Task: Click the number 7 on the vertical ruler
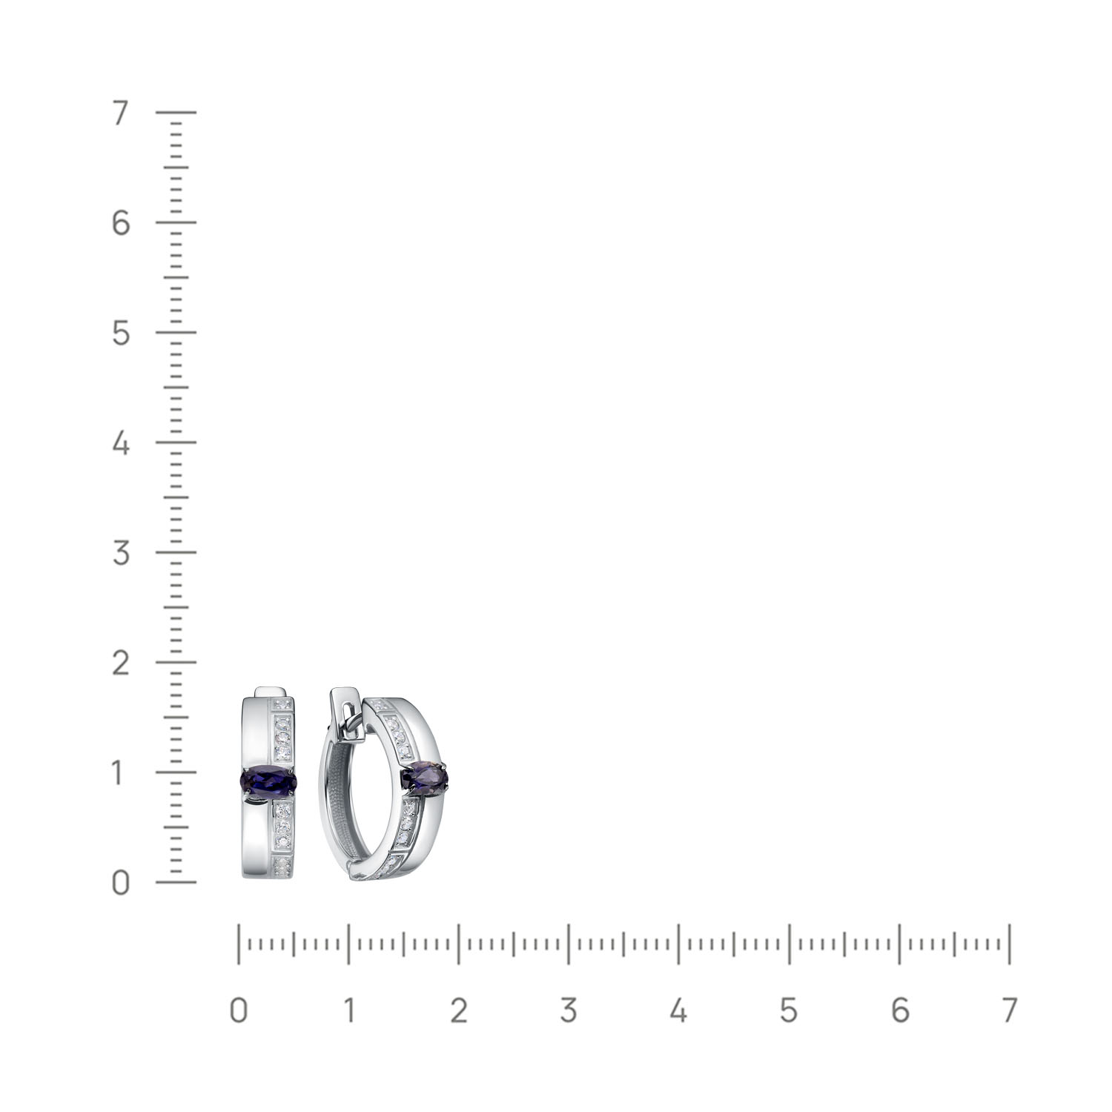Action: [x=121, y=113]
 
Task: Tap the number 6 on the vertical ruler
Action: [x=121, y=223]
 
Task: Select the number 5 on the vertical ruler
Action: [x=121, y=334]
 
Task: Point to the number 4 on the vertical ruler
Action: [x=121, y=443]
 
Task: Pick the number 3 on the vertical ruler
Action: [x=121, y=553]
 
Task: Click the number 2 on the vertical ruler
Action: [x=121, y=663]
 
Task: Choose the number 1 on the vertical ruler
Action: [x=119, y=773]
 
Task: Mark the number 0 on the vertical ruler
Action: [x=121, y=883]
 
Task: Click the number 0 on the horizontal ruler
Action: [x=238, y=1010]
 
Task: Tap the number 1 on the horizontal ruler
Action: [x=348, y=1010]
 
